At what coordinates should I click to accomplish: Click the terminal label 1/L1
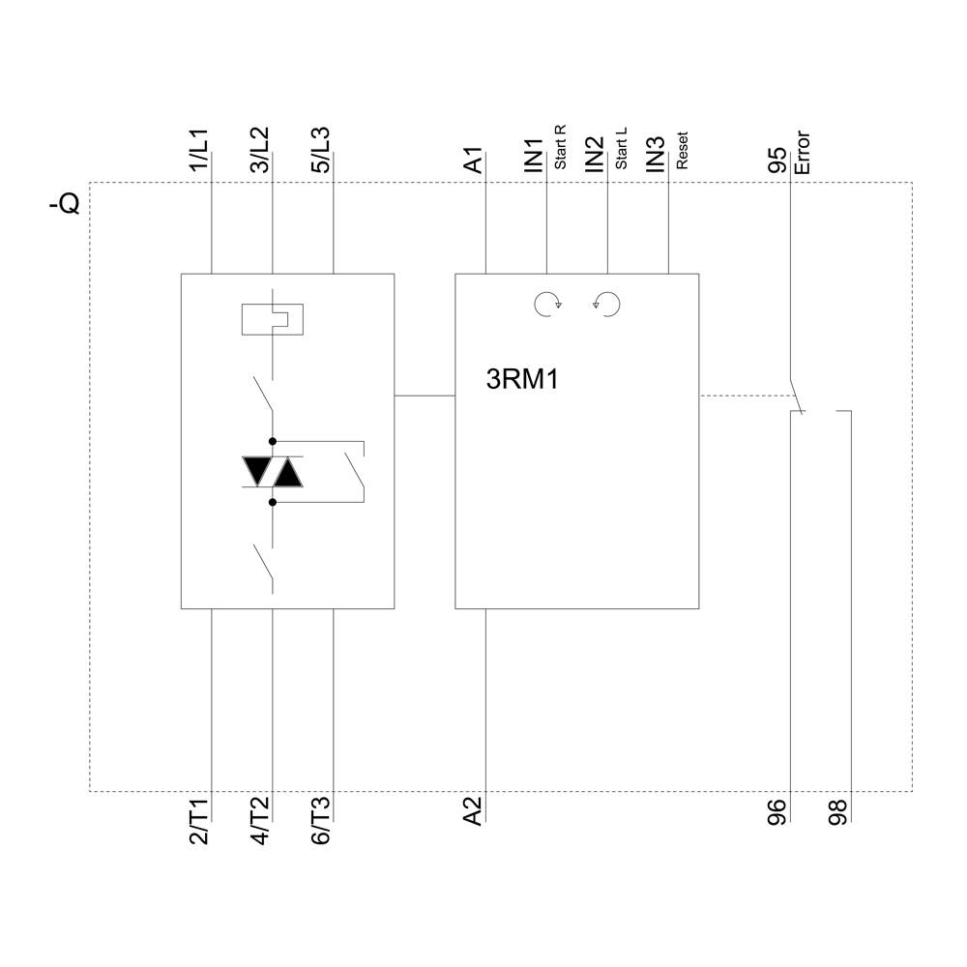click(198, 152)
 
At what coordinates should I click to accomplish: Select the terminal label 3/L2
click(260, 152)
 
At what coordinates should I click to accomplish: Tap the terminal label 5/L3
click(321, 152)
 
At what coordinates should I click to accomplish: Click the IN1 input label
click(534, 156)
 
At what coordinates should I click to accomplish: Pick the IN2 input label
click(595, 156)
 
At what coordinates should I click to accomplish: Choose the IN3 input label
click(657, 156)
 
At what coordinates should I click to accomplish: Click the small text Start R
click(560, 148)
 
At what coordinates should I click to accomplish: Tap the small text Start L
click(621, 149)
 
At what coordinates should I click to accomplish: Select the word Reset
click(682, 153)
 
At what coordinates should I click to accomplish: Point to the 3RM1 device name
click(522, 380)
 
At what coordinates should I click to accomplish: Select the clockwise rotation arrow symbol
click(547, 305)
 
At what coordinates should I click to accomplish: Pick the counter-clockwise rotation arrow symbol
click(607, 305)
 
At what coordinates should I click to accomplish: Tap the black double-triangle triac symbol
click(273, 472)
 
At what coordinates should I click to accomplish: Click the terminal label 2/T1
click(198, 823)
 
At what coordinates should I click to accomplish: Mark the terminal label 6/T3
click(321, 823)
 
